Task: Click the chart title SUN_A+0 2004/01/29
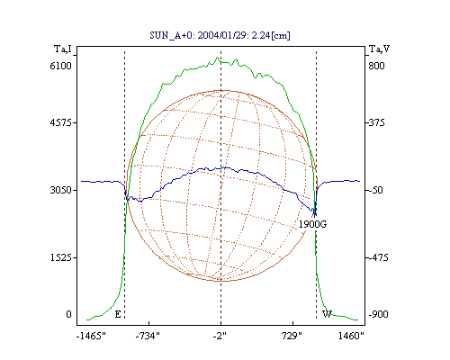[220, 35]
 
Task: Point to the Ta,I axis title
[63, 49]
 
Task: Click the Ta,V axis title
[380, 49]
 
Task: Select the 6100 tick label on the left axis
[60, 66]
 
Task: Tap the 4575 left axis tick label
[60, 122]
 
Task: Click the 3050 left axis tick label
[60, 190]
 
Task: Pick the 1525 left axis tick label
[60, 257]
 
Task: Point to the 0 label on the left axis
[68, 314]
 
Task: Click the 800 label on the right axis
[376, 66]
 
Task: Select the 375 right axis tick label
[376, 122]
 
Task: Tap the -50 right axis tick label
[375, 190]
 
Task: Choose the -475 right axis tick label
[378, 257]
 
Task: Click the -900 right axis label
[378, 314]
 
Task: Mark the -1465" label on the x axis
[91, 336]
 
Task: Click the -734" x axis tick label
[148, 336]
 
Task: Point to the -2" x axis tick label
[220, 336]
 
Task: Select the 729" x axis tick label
[292, 336]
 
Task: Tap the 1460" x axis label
[351, 336]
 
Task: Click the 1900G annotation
[312, 224]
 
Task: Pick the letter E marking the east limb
[118, 314]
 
